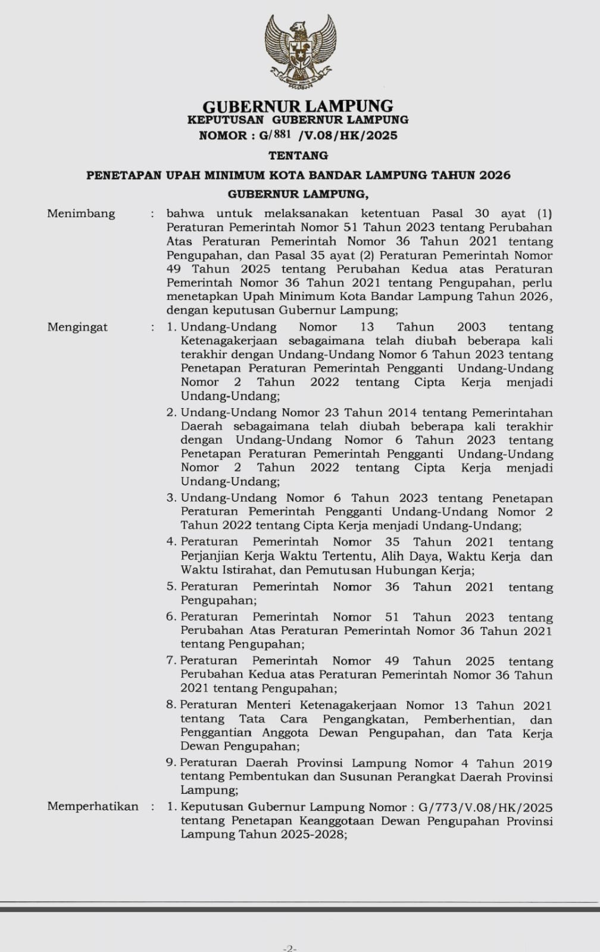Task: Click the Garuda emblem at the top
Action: click(299, 52)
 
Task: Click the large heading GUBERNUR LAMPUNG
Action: click(298, 107)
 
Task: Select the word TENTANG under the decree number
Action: click(298, 155)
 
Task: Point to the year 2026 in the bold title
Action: click(495, 175)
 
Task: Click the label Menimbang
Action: click(81, 214)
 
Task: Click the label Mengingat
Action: click(77, 327)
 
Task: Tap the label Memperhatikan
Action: click(93, 807)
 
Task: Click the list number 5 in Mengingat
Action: click(171, 587)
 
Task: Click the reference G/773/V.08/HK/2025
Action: click(485, 807)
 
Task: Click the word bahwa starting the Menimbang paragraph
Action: click(185, 214)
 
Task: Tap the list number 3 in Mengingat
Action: click(171, 498)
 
